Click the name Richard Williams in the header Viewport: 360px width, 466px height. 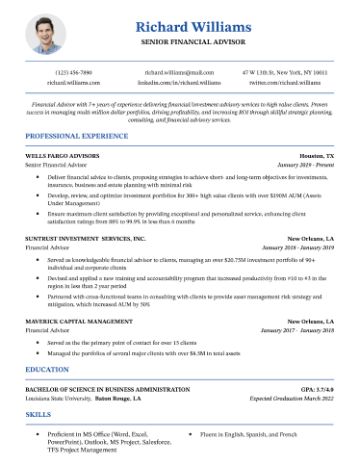(179, 26)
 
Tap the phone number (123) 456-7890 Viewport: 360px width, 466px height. (74, 72)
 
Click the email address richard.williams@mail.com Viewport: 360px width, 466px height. (179, 72)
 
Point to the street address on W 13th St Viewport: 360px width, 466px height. (284, 72)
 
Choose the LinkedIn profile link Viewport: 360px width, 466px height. (179, 84)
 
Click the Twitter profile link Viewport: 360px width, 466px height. (284, 84)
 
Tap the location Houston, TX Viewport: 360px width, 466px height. (317, 155)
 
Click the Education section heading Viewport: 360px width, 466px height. (47, 369)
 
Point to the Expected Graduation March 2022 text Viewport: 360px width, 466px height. (292, 397)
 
